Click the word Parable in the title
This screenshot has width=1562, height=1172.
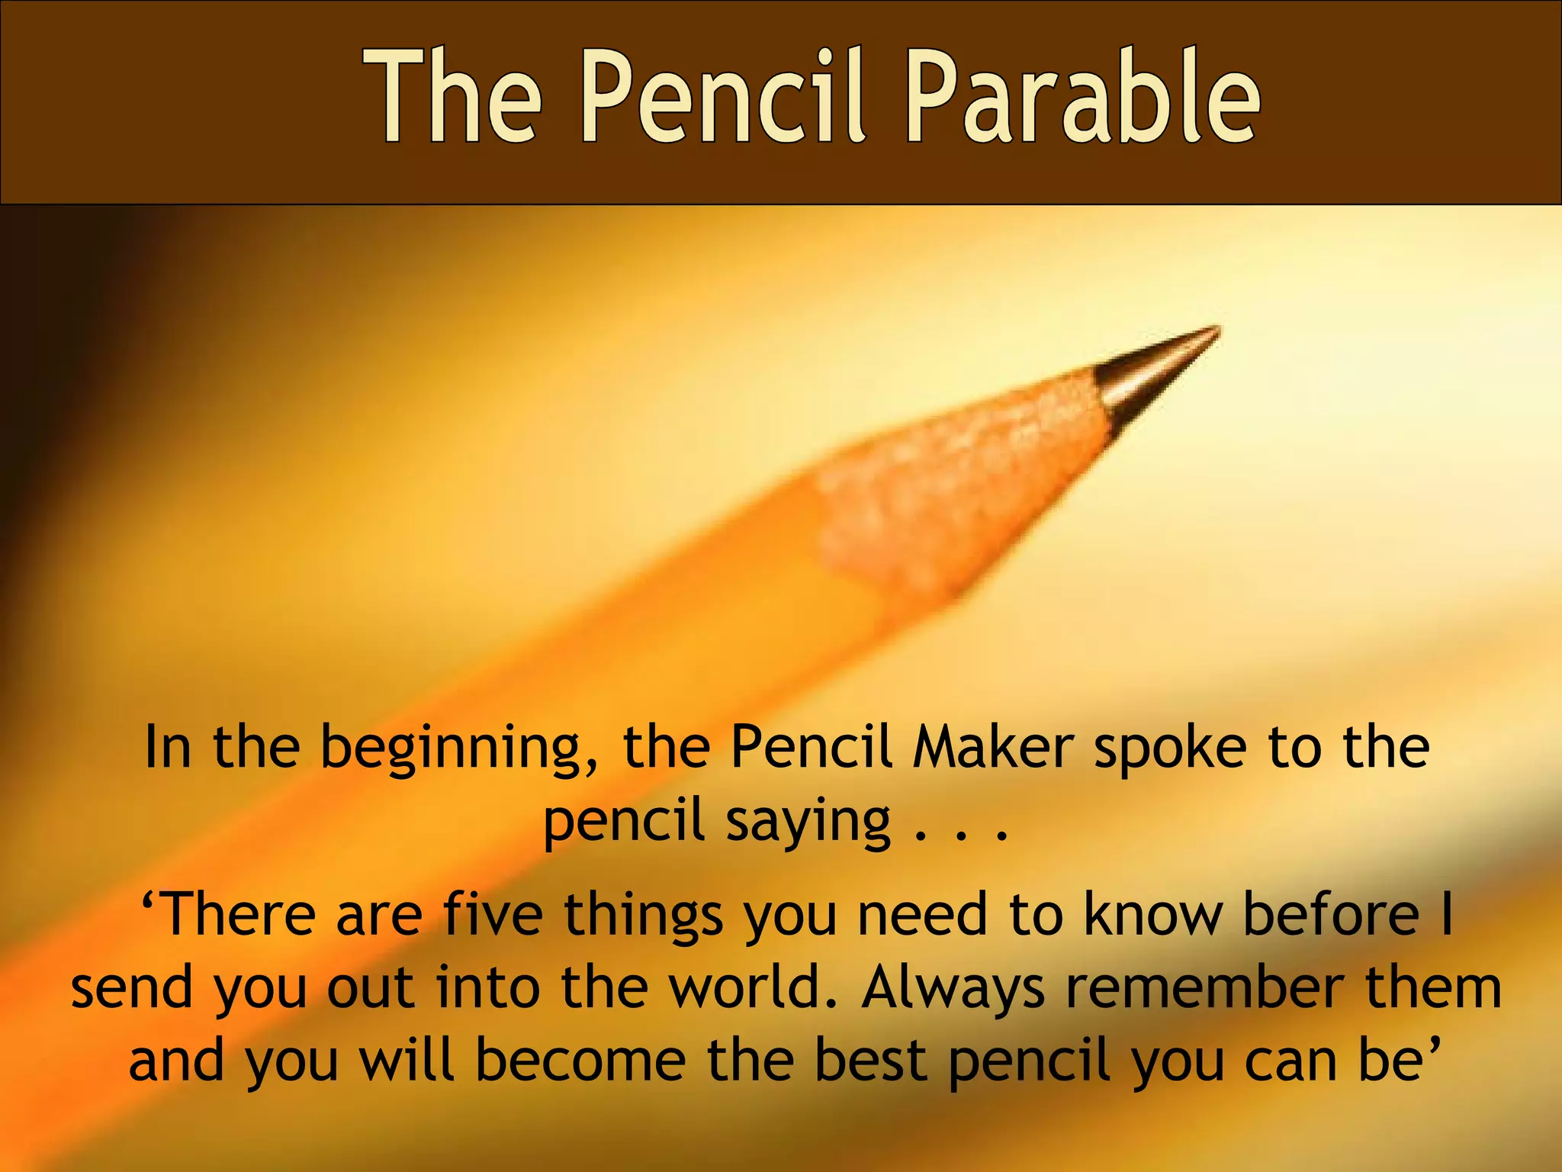(x=1082, y=98)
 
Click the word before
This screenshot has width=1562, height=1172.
(x=1332, y=914)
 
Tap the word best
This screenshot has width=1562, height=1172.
(x=870, y=1061)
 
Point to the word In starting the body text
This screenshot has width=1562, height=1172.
(x=168, y=747)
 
